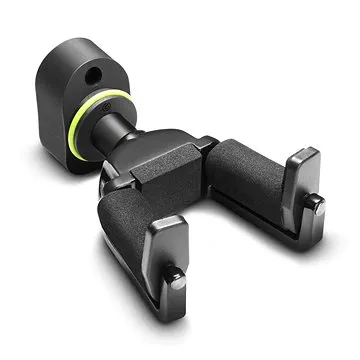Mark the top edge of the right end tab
pyautogui.click(x=303, y=151)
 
